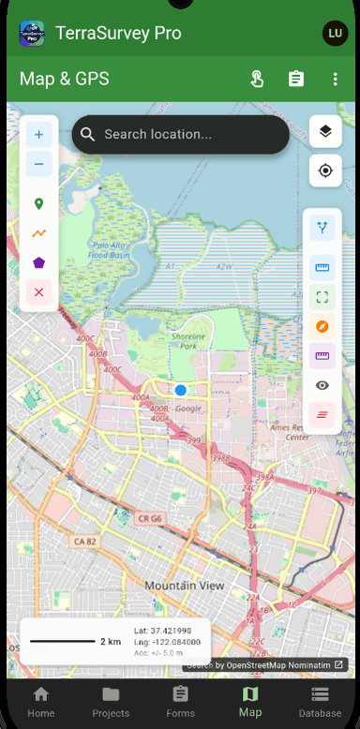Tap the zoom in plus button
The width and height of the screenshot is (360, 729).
[38, 135]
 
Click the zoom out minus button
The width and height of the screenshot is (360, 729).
[38, 167]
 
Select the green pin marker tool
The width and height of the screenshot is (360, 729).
[38, 203]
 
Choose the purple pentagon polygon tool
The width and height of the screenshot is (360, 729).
[38, 262]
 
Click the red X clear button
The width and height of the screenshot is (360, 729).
[38, 292]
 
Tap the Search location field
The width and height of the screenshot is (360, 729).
[180, 135]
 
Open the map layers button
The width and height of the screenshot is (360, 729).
[325, 131]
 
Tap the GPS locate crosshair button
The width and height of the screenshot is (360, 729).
[325, 171]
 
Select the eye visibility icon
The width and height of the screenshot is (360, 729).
[322, 384]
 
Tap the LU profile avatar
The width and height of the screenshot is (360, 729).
[334, 33]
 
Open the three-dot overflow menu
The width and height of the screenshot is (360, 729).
[335, 79]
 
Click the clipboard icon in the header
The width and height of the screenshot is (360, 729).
[296, 79]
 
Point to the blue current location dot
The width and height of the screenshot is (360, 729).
[180, 389]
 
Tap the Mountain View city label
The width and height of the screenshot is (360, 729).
[185, 585]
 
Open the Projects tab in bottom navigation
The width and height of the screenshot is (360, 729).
[111, 701]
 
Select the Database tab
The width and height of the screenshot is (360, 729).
[320, 701]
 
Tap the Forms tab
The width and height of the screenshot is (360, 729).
[180, 701]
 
